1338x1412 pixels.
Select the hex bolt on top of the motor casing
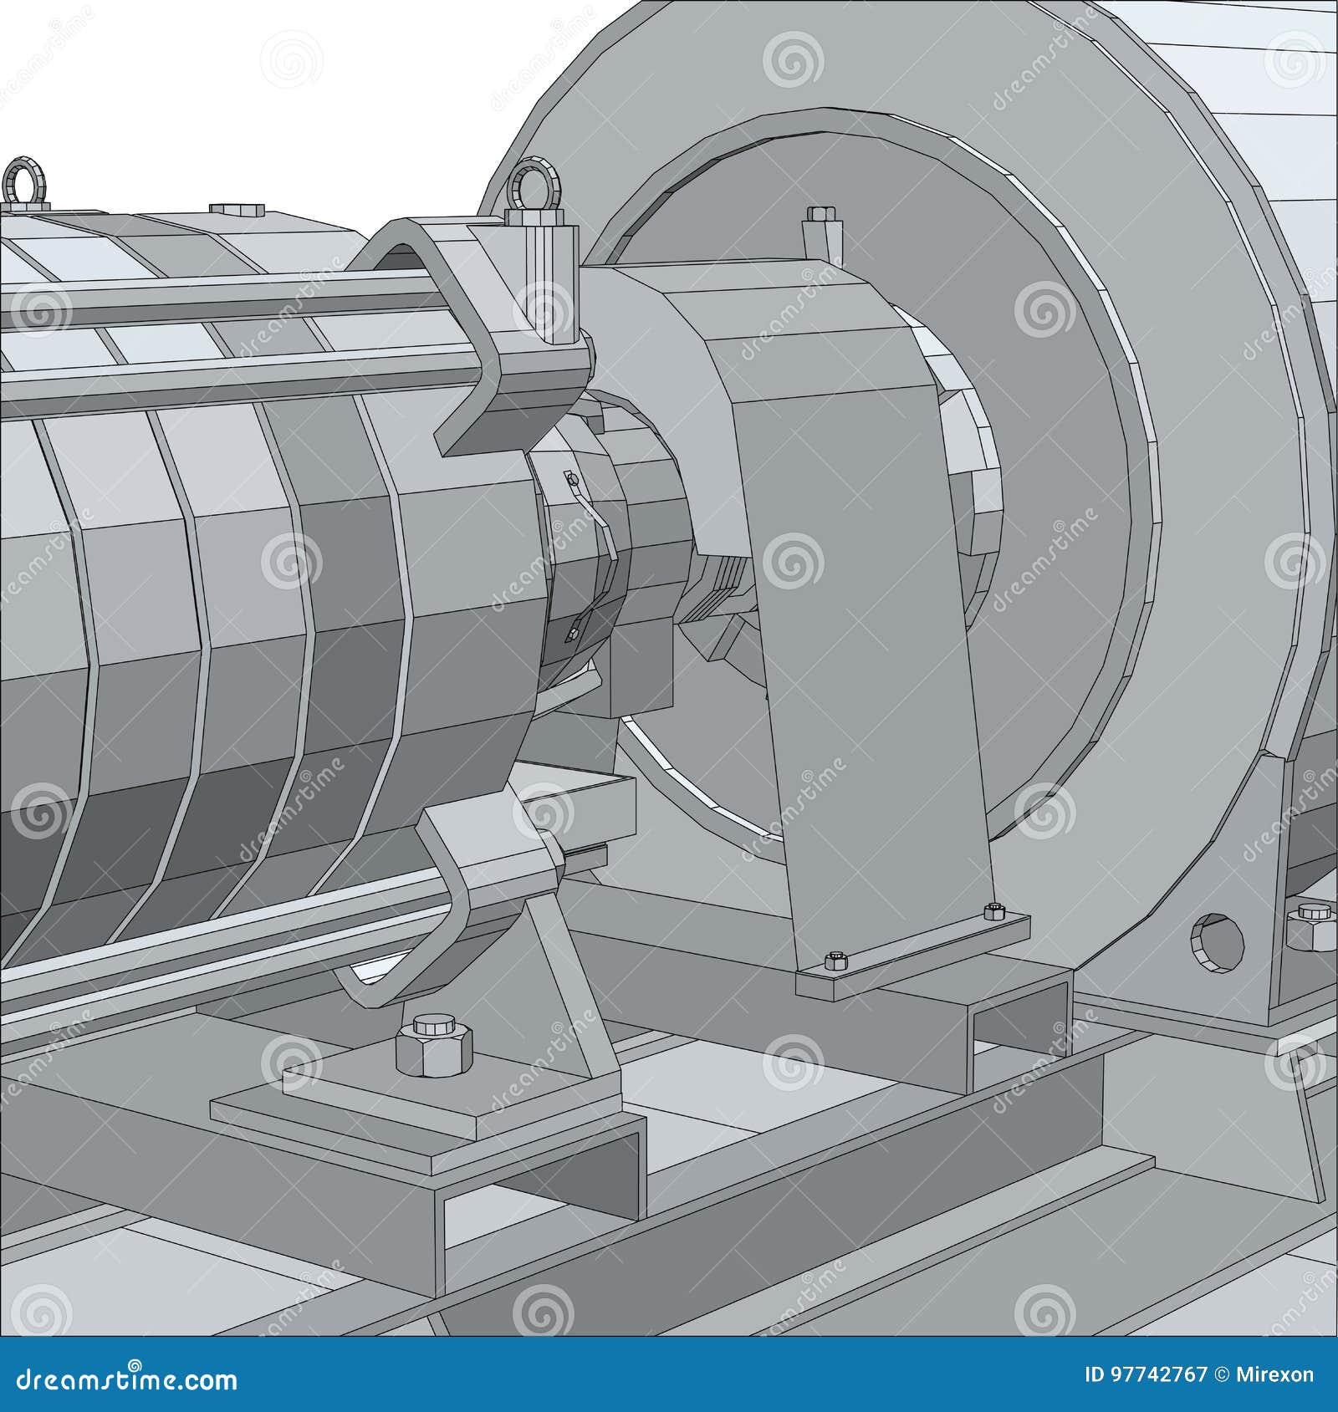(x=225, y=209)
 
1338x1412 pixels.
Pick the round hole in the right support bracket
(x=1217, y=941)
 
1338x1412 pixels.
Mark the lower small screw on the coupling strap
(x=574, y=634)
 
